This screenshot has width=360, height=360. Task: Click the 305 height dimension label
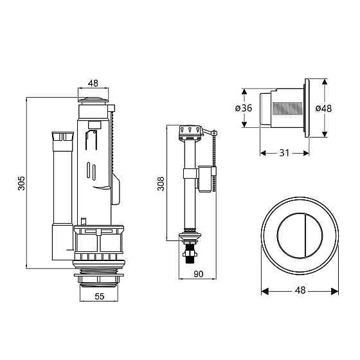click(21, 183)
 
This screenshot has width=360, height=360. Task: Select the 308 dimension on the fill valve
click(161, 183)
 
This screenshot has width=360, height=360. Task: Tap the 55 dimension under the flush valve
click(100, 296)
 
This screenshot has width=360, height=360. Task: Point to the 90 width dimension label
click(199, 274)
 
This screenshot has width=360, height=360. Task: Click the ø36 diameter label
click(244, 108)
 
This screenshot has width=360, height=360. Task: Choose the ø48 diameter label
click(323, 109)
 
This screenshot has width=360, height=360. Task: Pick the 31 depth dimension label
click(284, 153)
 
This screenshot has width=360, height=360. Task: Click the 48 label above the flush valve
click(93, 83)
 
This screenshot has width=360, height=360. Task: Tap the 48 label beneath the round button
click(300, 290)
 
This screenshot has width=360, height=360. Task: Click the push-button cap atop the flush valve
click(93, 100)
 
